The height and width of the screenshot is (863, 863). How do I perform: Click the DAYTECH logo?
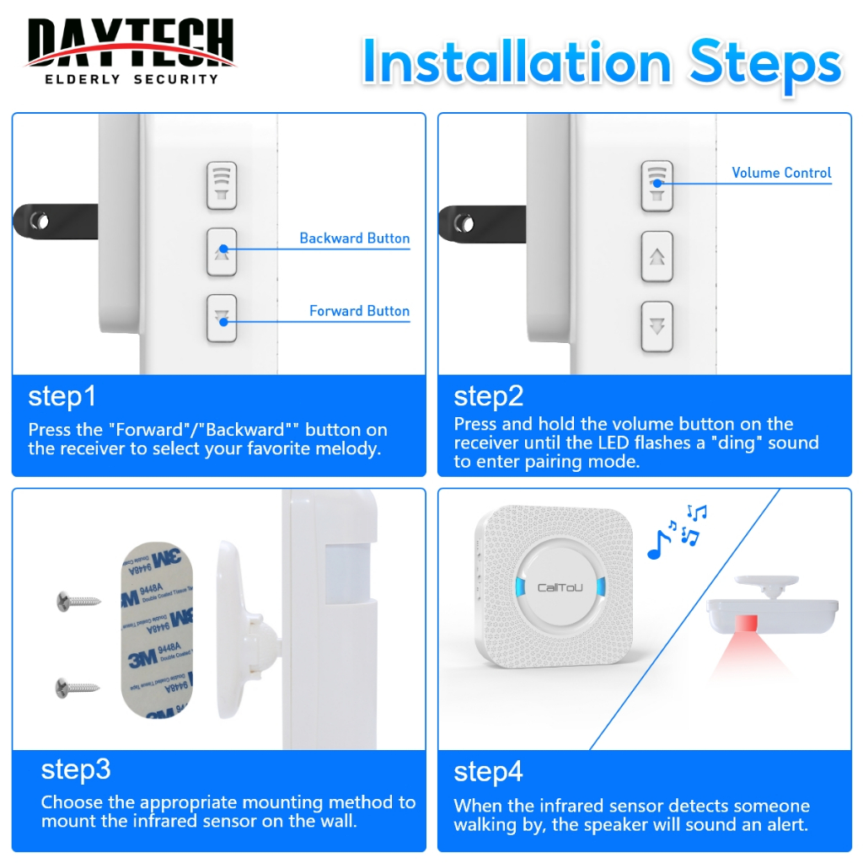131,51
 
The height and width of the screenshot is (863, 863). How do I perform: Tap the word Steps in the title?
765,65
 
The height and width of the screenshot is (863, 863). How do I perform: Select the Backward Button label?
355,239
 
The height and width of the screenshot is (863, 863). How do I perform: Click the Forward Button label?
359,311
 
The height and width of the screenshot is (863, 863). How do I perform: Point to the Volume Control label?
781,173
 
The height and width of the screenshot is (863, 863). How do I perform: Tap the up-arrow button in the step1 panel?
222,252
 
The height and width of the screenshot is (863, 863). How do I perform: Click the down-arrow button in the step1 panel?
222,319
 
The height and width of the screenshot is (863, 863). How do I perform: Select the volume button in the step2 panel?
657,186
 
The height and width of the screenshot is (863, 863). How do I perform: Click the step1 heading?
62,397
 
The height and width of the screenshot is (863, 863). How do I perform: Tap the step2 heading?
488,397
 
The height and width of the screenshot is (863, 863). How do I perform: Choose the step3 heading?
75,770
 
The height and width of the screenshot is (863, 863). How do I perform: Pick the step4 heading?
488,772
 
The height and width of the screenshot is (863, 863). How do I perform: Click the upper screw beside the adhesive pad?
78,601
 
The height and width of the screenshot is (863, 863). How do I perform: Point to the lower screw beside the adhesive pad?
78,688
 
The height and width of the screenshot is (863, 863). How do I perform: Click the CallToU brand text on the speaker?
560,587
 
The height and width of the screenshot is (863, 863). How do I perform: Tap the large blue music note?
658,545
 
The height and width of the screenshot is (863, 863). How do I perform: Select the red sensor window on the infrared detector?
746,623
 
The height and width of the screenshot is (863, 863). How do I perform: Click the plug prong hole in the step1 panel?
40,222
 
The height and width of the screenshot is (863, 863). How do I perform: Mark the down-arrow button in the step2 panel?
657,326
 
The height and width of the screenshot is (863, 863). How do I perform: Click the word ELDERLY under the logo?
83,79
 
